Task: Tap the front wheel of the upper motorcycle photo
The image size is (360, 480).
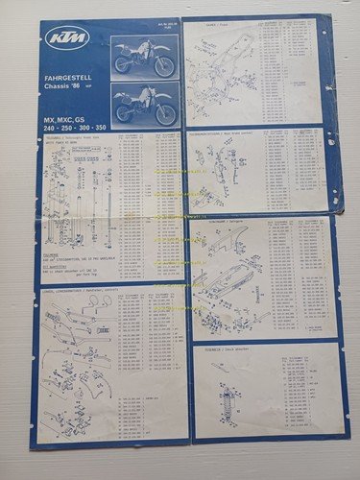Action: point(166,67)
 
